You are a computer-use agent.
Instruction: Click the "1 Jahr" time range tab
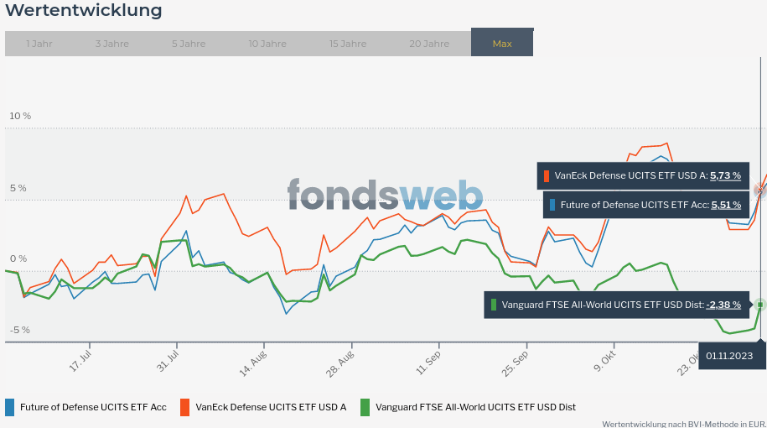tap(39, 44)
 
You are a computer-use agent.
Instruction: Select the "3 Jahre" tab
tap(112, 44)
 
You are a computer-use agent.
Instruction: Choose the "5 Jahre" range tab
tap(189, 44)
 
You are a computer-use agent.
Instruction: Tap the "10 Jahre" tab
tap(267, 44)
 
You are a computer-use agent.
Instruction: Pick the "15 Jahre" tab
tap(348, 44)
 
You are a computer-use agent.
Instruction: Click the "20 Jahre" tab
tap(429, 44)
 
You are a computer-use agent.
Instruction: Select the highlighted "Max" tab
tap(502, 44)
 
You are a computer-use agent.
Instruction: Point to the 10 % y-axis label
tap(20, 116)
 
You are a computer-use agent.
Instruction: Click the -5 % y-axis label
tap(20, 330)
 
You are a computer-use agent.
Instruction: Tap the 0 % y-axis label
tap(19, 258)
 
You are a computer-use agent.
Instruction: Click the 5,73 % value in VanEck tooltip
tap(725, 176)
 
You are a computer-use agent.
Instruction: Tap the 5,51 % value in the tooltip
tap(725, 205)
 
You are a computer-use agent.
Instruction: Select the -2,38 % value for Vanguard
tap(723, 305)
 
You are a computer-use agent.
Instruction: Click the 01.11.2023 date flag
tap(734, 356)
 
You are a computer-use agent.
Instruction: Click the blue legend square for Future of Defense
tap(10, 407)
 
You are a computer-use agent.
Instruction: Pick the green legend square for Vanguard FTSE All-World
tap(365, 407)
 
